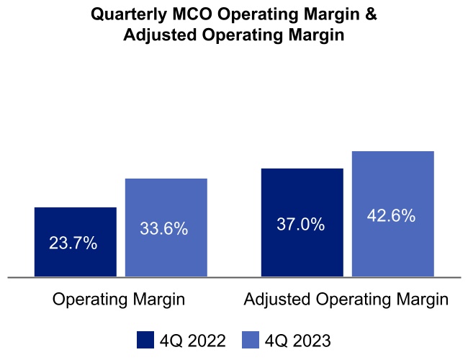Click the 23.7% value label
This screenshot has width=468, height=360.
tap(73, 243)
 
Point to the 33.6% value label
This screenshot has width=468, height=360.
tap(163, 229)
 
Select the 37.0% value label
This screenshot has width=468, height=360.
tap(300, 225)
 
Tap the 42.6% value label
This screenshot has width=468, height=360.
tap(391, 216)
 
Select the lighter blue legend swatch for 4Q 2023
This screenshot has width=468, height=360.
tap(249, 340)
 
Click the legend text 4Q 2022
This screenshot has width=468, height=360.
tap(192, 340)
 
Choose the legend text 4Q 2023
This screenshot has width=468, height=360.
tap(297, 340)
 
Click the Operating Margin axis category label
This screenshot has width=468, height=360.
tap(119, 300)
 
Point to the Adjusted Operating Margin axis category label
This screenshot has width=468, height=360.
tap(346, 300)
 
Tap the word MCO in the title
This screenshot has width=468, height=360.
tap(194, 14)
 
